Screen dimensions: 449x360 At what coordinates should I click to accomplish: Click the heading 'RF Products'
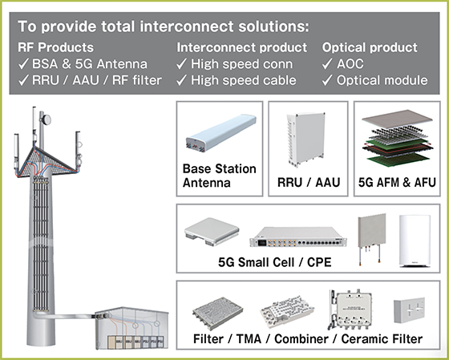pyautogui.click(x=55, y=47)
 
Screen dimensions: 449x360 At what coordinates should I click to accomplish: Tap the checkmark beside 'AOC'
pyautogui.click(x=327, y=64)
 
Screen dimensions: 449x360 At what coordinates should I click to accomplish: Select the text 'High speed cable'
pyautogui.click(x=244, y=80)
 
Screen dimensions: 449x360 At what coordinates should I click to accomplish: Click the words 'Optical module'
pyautogui.click(x=382, y=80)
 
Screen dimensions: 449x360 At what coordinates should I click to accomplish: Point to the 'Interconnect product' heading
pyautogui.click(x=241, y=47)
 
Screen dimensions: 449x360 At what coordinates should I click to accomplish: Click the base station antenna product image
pyautogui.click(x=220, y=132)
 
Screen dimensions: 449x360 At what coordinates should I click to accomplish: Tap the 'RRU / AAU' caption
pyautogui.click(x=309, y=183)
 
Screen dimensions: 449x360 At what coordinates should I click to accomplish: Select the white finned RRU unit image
pyautogui.click(x=306, y=139)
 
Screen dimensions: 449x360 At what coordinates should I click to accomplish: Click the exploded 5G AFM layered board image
pyautogui.click(x=398, y=138)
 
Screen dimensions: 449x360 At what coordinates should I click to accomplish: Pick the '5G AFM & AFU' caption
pyautogui.click(x=397, y=183)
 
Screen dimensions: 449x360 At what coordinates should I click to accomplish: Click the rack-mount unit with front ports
pyautogui.click(x=297, y=237)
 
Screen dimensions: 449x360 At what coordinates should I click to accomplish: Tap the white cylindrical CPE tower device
pyautogui.click(x=415, y=241)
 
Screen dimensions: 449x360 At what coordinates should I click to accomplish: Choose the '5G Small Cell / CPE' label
pyautogui.click(x=274, y=262)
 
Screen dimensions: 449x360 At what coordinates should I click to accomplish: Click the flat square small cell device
pyautogui.click(x=212, y=232)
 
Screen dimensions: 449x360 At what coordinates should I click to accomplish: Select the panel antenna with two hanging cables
pyautogui.click(x=372, y=238)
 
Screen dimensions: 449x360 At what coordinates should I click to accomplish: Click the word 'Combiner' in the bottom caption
pyautogui.click(x=301, y=339)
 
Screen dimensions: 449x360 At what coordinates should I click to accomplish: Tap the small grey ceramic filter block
pyautogui.click(x=409, y=310)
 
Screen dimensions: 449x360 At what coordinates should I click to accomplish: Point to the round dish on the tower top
pyautogui.click(x=47, y=119)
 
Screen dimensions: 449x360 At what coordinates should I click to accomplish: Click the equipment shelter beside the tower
pyautogui.click(x=131, y=328)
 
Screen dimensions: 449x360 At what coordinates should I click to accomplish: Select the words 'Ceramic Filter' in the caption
pyautogui.click(x=382, y=339)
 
